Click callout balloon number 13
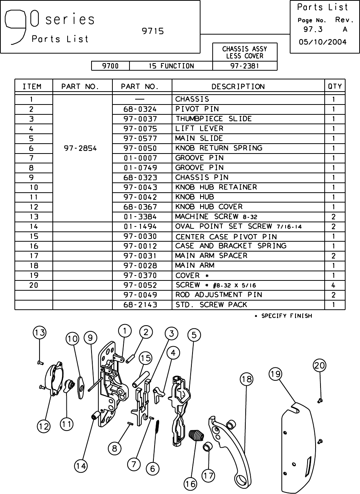tap(39, 333)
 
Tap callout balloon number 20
tap(319, 366)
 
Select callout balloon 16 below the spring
tap(191, 484)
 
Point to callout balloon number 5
tap(194, 335)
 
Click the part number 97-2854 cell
tap(81, 148)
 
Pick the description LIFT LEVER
tap(199, 128)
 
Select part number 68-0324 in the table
tap(140, 109)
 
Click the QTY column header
tap(335, 86)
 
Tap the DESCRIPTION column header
tap(238, 86)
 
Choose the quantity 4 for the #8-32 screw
tap(333, 285)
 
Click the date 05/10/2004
tap(323, 42)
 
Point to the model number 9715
tap(153, 31)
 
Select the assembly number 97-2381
tap(245, 66)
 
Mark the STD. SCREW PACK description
tap(211, 305)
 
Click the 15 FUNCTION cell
tap(171, 66)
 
